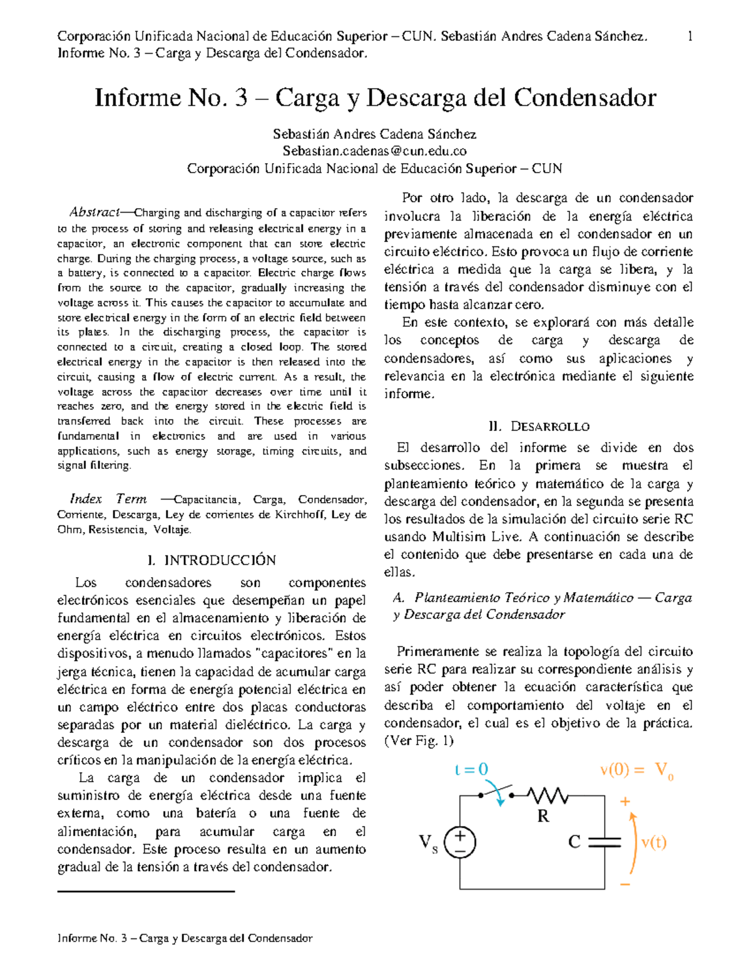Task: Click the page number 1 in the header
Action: [x=690, y=36]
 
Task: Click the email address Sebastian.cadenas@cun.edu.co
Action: [x=374, y=151]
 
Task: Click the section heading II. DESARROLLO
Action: [x=538, y=426]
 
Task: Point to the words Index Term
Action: [x=108, y=499]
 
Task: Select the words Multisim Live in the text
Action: [x=476, y=536]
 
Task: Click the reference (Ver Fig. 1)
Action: [x=418, y=741]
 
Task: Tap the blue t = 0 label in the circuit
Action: [x=471, y=770]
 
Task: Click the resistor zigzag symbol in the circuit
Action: [x=548, y=795]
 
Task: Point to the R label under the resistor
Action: [x=543, y=816]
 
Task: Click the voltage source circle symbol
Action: [x=460, y=842]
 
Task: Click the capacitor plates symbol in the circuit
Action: [x=605, y=842]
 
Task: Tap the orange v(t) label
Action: [x=654, y=842]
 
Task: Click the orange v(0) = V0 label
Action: [x=636, y=770]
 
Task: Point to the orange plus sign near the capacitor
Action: [x=625, y=802]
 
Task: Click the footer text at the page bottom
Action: [x=185, y=938]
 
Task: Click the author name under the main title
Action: [x=374, y=134]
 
